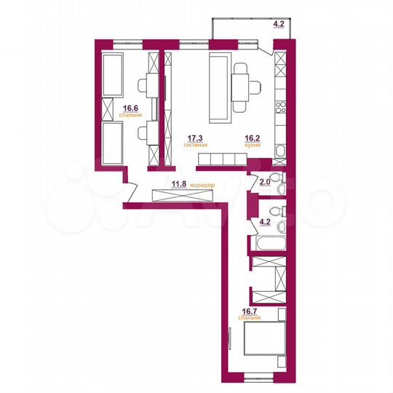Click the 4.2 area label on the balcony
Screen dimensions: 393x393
click(x=279, y=24)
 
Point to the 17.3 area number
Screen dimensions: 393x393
click(x=195, y=138)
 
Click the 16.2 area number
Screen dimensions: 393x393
click(x=252, y=138)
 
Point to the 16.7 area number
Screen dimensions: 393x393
click(x=250, y=310)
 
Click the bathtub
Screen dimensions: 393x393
click(x=268, y=244)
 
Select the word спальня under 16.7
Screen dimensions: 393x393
click(x=250, y=318)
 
